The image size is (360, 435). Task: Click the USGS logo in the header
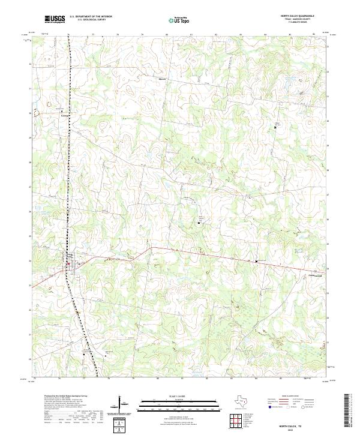click(x=55, y=19)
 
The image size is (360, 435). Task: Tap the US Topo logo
click(x=181, y=19)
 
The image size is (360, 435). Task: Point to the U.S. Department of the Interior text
click(x=91, y=16)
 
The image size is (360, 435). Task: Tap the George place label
click(x=61, y=114)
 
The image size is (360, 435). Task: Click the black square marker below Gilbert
click(x=275, y=127)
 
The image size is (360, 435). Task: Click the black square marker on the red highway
click(x=257, y=261)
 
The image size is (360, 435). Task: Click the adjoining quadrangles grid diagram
click(x=236, y=420)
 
